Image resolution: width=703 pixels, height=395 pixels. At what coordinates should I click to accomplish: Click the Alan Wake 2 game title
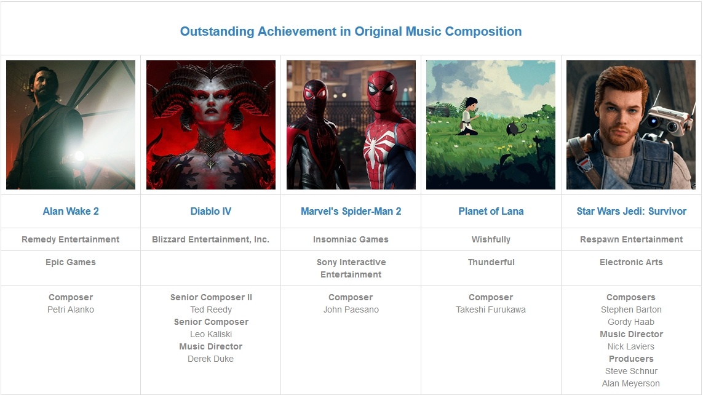70,211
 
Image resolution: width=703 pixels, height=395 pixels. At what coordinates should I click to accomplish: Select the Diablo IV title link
211,211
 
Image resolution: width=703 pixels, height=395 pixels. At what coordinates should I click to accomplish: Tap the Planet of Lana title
491,211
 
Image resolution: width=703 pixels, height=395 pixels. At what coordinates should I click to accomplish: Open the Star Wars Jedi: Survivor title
631,211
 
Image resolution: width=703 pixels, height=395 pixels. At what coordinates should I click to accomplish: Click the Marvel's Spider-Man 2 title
351,211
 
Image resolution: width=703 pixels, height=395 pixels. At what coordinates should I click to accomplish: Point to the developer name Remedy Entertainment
70,239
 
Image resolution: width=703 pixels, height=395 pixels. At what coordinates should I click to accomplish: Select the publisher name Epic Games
70,262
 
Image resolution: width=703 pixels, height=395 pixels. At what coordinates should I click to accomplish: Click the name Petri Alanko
70,309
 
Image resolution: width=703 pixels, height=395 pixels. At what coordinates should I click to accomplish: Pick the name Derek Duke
211,359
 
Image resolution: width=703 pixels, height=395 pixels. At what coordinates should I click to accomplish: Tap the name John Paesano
351,309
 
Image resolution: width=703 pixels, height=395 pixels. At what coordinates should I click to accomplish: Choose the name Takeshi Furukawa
491,309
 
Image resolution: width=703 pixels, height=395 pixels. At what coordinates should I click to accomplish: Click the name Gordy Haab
631,322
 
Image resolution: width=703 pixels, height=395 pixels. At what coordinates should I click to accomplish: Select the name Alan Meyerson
631,383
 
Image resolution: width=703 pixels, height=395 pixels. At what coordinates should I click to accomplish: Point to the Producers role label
631,359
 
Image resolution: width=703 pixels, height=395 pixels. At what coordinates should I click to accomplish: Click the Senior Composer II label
211,297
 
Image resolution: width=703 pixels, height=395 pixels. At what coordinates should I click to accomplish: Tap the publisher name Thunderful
491,262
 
